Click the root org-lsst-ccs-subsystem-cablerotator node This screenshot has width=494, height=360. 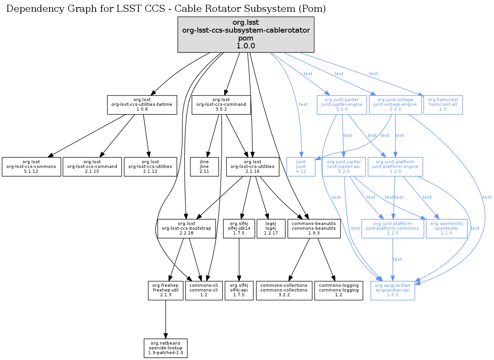click(x=246, y=34)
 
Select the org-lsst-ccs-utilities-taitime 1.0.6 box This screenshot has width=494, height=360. click(x=142, y=105)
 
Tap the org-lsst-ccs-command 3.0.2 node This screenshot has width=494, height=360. click(x=221, y=105)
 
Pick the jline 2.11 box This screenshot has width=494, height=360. click(x=204, y=167)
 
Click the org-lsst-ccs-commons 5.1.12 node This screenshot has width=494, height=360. click(x=31, y=167)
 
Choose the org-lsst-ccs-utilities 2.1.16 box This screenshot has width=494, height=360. click(x=253, y=167)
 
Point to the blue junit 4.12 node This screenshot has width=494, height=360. click(x=301, y=167)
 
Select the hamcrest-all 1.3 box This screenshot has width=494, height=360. click(x=443, y=105)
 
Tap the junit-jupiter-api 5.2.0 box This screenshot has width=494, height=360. click(x=344, y=167)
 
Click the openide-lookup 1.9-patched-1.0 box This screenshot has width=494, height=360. click(x=166, y=348)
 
